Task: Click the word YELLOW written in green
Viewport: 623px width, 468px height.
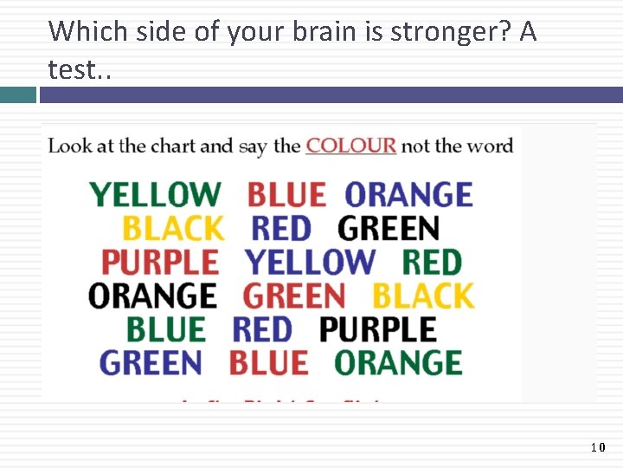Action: coord(156,195)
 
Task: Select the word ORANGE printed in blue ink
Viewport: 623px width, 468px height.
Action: coord(408,195)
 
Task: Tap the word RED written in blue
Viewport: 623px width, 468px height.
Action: coord(280,229)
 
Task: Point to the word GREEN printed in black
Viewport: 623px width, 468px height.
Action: coord(389,229)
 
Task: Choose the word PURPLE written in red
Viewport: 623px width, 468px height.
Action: coord(160,262)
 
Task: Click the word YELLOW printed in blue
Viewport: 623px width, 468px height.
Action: coord(310,262)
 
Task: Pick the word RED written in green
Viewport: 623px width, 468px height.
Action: coord(432,262)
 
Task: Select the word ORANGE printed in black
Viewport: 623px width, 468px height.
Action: coord(152,296)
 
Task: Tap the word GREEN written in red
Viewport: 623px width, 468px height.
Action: coord(294,296)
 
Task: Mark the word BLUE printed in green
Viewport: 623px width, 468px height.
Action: coord(166,329)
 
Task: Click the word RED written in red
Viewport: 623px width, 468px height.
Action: coord(262,329)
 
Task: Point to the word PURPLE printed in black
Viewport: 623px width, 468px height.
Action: coord(378,329)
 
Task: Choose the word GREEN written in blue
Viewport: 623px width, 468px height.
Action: coord(151,362)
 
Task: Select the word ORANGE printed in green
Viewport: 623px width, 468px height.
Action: coord(398,362)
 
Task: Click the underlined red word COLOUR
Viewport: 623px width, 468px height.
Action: coord(350,146)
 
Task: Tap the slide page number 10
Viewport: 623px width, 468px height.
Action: coord(598,447)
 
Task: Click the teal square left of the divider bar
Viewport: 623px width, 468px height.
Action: coord(17,94)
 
